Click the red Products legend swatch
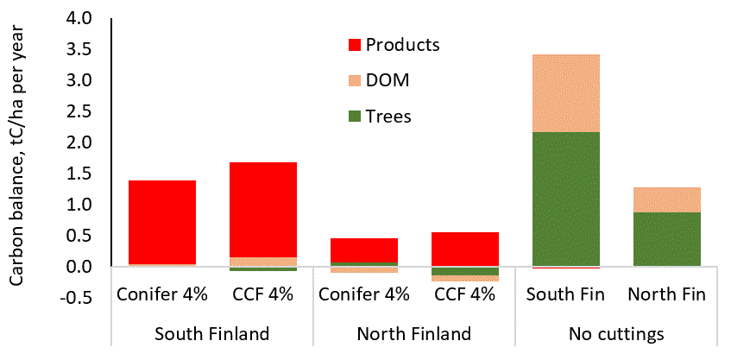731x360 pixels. [x=355, y=45]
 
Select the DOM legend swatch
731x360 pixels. [x=355, y=80]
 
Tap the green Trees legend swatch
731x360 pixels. [x=355, y=116]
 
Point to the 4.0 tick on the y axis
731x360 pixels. [x=90, y=18]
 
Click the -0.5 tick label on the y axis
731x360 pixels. [x=87, y=299]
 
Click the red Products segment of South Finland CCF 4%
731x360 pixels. [x=264, y=209]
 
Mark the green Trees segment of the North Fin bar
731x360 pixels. [x=666, y=239]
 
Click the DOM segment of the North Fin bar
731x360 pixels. [x=666, y=199]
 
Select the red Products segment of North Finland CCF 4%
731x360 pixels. [x=465, y=249]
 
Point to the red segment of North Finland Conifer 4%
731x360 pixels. [x=364, y=249]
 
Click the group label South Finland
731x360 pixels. [x=211, y=333]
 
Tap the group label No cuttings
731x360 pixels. [x=616, y=333]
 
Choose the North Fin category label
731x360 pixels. [x=666, y=294]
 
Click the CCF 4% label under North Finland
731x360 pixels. [x=465, y=294]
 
